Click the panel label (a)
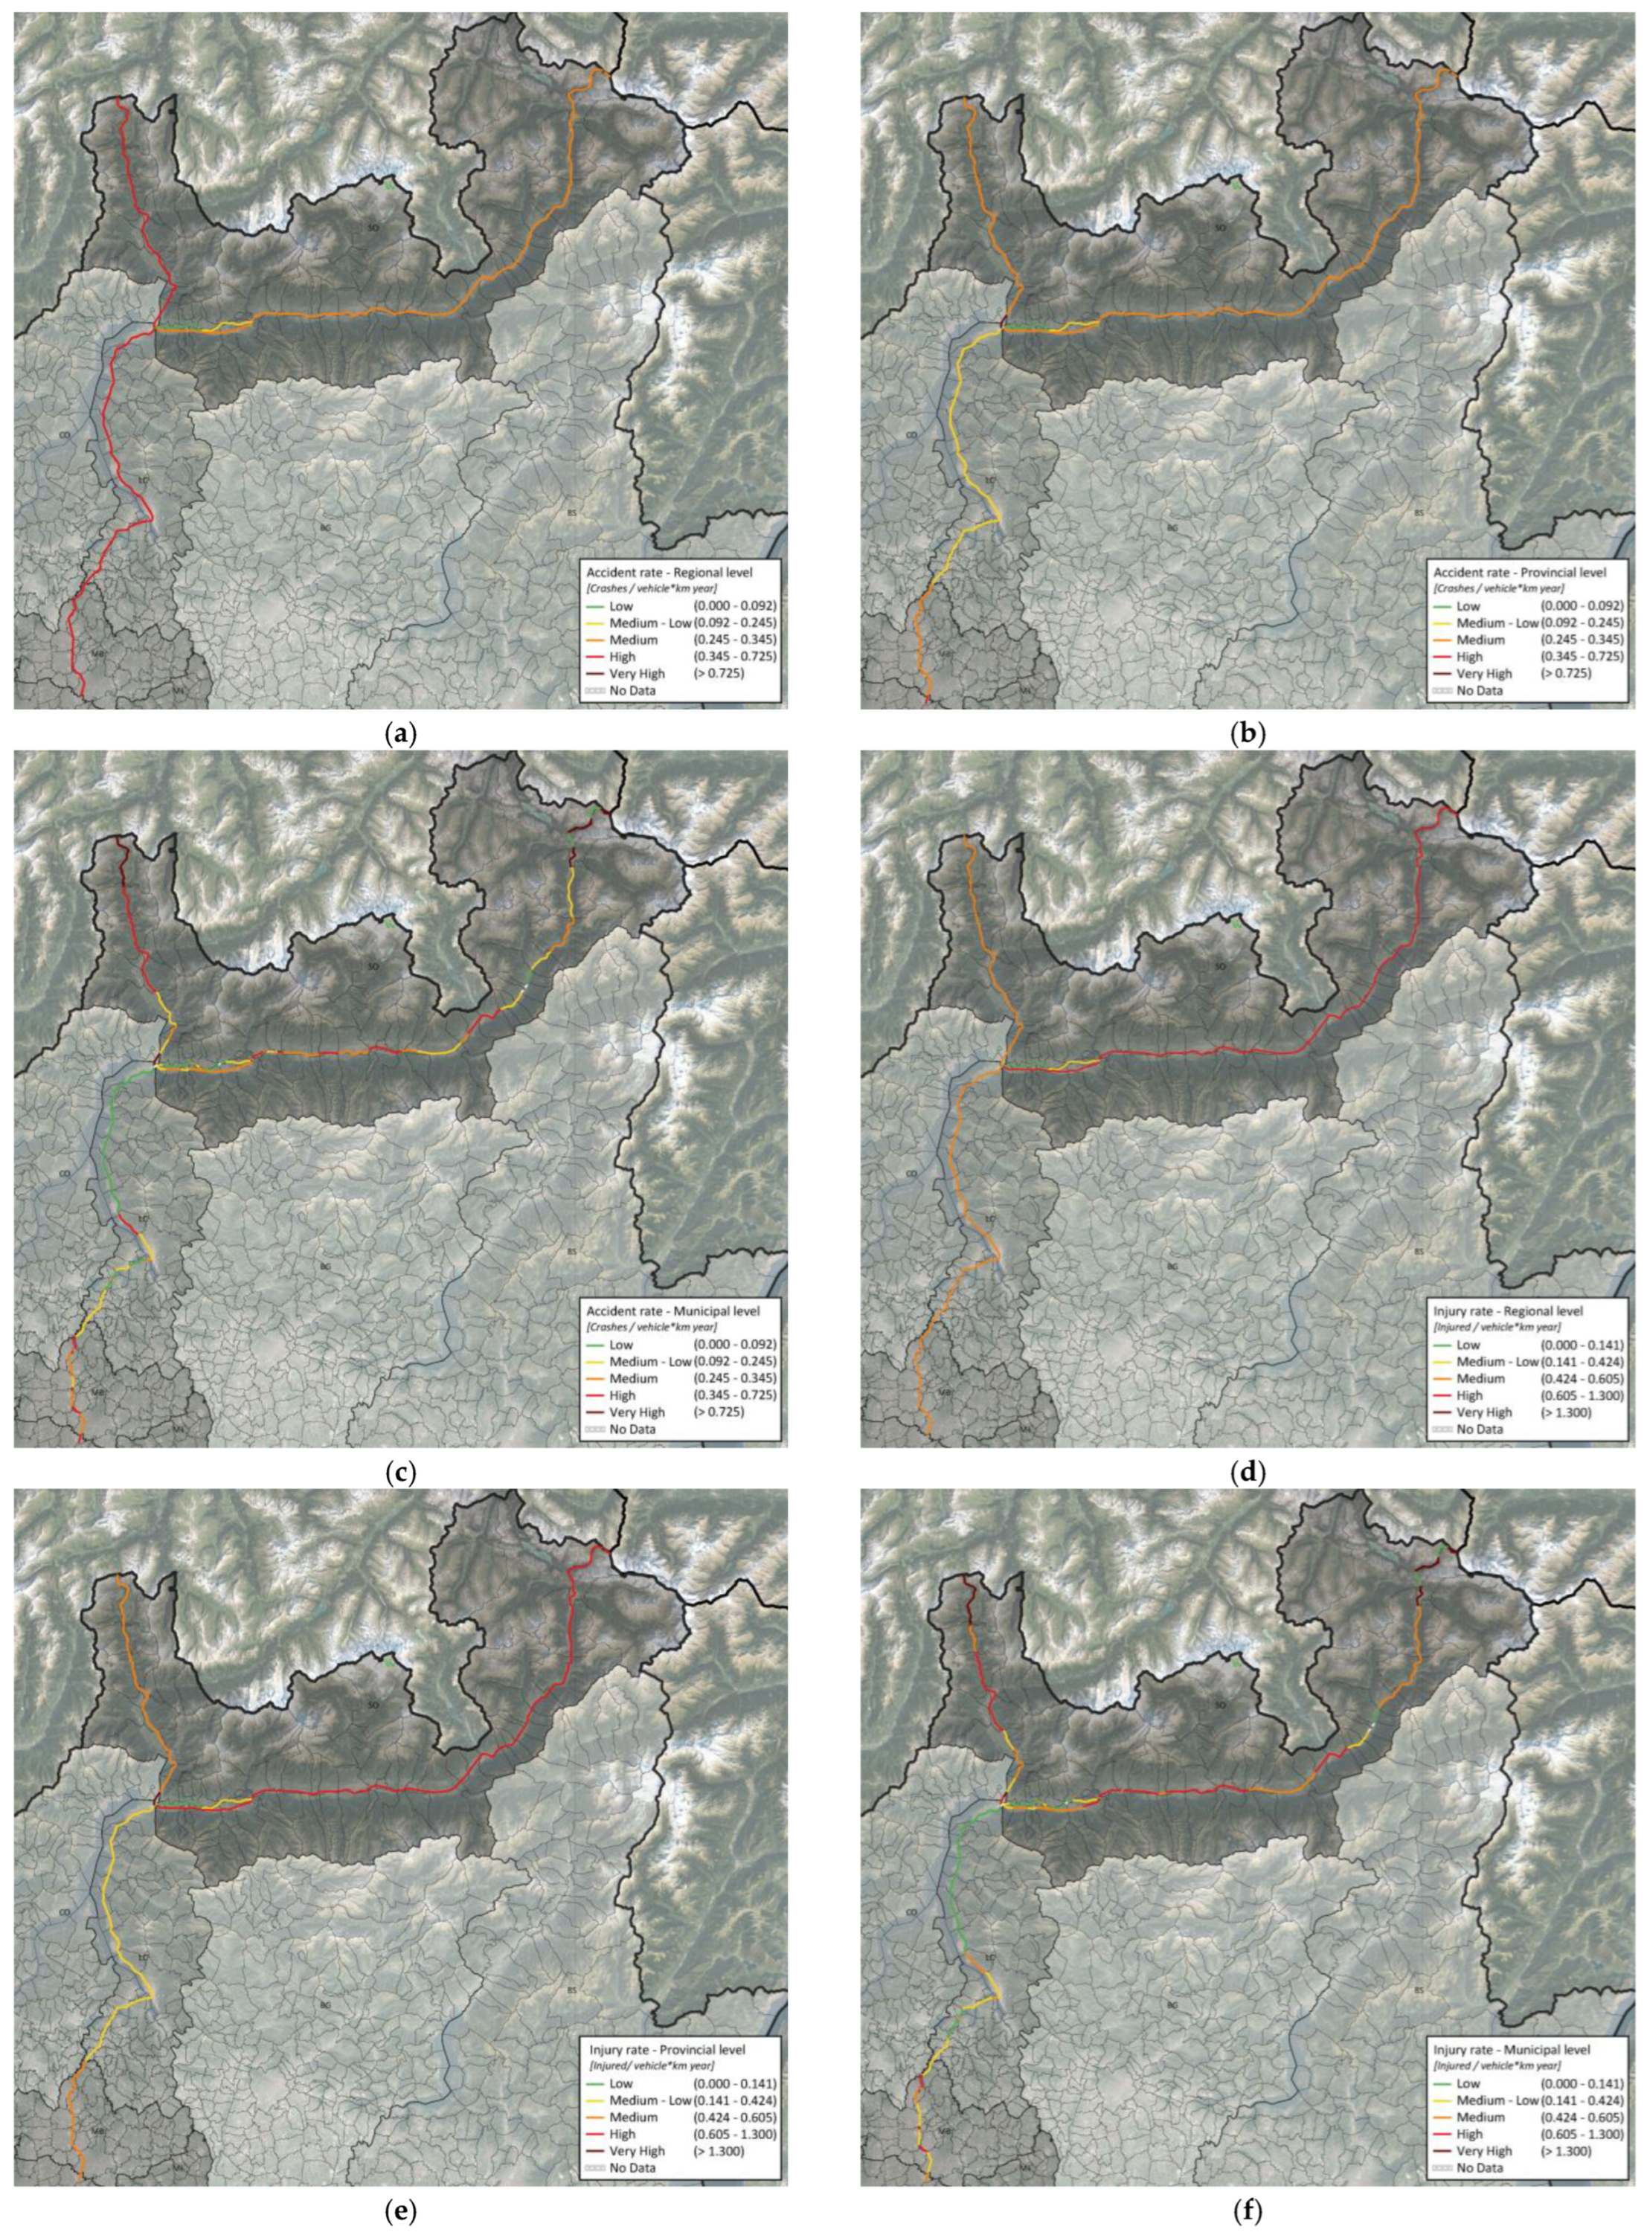tap(399, 735)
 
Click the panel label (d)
tap(1248, 1473)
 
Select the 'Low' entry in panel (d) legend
tap(1468, 1345)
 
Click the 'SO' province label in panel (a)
tap(372, 228)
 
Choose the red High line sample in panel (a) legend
tap(594, 656)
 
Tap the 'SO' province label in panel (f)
tap(1219, 1705)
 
